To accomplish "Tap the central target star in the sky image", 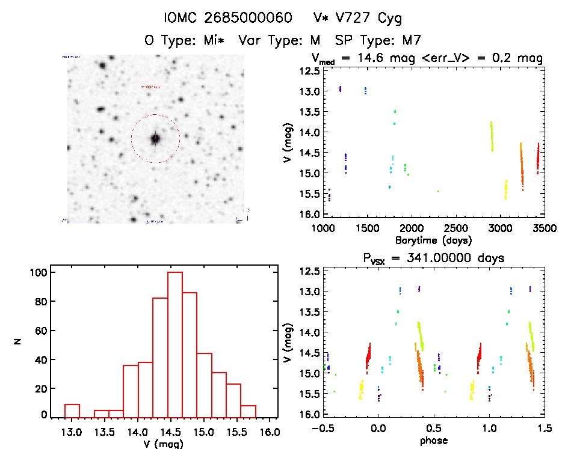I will [x=155, y=139].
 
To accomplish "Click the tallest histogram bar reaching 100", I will [x=175, y=343].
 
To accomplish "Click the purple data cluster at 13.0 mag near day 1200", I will [x=341, y=89].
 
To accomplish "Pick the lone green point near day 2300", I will [x=438, y=191].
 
